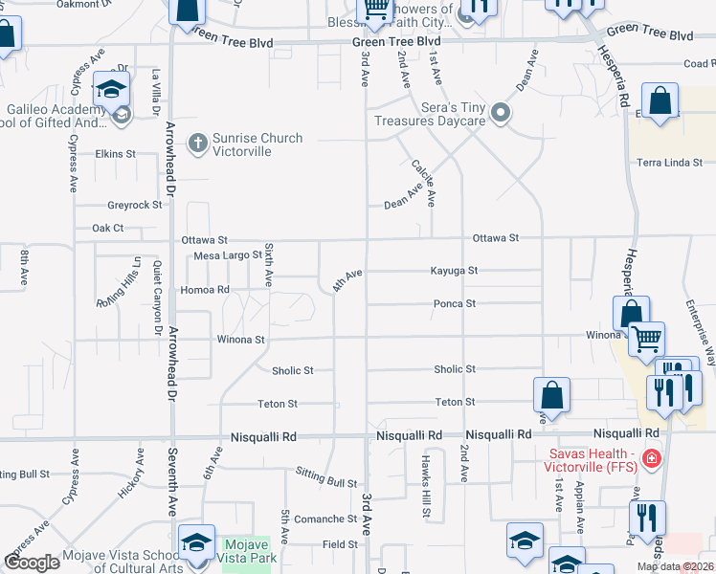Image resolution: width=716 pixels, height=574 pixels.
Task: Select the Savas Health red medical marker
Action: (x=652, y=459)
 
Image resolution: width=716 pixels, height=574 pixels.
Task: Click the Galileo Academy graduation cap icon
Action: (x=112, y=90)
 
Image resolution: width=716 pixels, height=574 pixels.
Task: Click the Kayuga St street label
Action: (x=453, y=271)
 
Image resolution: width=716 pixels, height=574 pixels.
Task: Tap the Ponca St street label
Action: (x=455, y=304)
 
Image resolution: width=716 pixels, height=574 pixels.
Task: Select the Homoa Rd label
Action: (x=205, y=290)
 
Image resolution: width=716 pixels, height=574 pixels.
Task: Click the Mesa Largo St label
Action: (x=228, y=255)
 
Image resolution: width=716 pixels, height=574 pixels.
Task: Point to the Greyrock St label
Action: (x=135, y=205)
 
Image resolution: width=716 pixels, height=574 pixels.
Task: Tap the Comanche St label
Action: (x=324, y=519)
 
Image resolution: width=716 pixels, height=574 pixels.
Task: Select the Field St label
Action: (x=340, y=544)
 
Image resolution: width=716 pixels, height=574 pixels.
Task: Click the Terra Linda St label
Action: (x=670, y=163)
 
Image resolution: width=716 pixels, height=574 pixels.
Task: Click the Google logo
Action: (x=32, y=563)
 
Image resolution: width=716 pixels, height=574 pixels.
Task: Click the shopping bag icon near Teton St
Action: (x=552, y=394)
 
